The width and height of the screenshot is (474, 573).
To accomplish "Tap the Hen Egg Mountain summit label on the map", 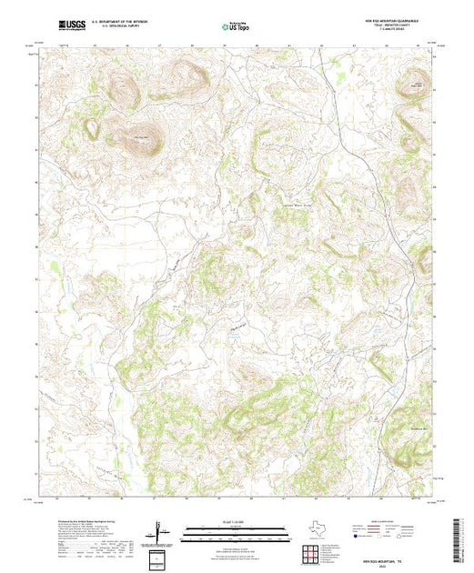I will point(140,136).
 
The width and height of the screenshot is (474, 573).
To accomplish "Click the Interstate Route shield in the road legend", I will point(358,538).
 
